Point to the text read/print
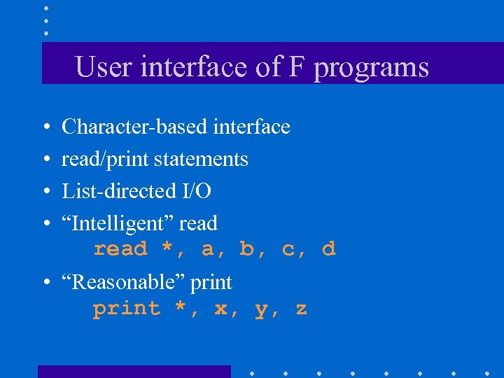pyautogui.click(x=106, y=160)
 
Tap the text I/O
pyautogui.click(x=196, y=191)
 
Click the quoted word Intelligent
pyautogui.click(x=118, y=224)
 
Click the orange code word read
pyautogui.click(x=120, y=249)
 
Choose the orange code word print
pyautogui.click(x=127, y=309)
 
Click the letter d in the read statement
pyautogui.click(x=329, y=249)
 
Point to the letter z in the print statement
pyautogui.click(x=301, y=309)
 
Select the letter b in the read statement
pyautogui.click(x=246, y=249)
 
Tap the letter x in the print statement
pyautogui.click(x=220, y=309)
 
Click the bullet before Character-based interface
pyautogui.click(x=45, y=127)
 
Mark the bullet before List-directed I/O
pyautogui.click(x=45, y=192)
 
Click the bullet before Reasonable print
pyautogui.click(x=45, y=283)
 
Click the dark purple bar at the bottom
pyautogui.click(x=134, y=372)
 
